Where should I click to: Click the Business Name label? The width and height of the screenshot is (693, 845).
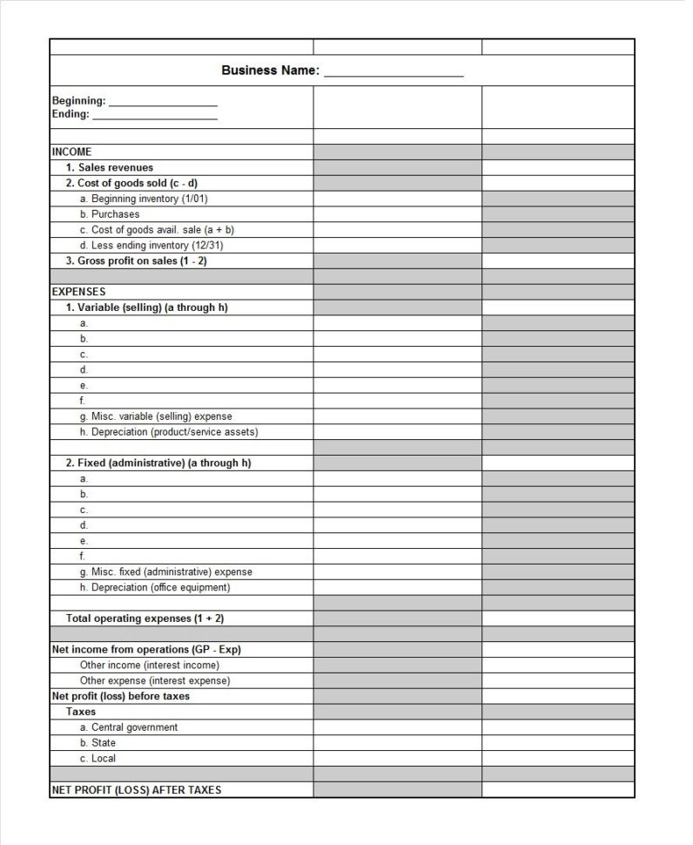pos(270,71)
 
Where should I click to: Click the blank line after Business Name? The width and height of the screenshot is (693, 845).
pos(394,73)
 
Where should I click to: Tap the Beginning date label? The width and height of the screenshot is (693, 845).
pos(78,101)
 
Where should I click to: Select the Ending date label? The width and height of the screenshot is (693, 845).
pos(71,114)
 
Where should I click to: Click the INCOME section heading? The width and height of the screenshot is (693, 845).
pos(71,152)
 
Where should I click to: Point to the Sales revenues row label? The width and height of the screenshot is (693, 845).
pos(110,167)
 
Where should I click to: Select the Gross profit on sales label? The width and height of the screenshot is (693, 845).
pos(137,260)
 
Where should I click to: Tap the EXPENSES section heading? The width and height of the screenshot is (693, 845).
pos(78,292)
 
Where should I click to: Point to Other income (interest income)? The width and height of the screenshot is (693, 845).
pos(150,666)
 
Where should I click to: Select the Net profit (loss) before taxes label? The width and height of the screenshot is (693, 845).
pos(120,696)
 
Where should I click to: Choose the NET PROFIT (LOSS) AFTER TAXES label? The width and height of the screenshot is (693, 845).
pos(137,790)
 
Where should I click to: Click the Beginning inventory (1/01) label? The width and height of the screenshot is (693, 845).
pos(144,199)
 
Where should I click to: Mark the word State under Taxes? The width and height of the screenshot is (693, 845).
pos(104,743)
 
